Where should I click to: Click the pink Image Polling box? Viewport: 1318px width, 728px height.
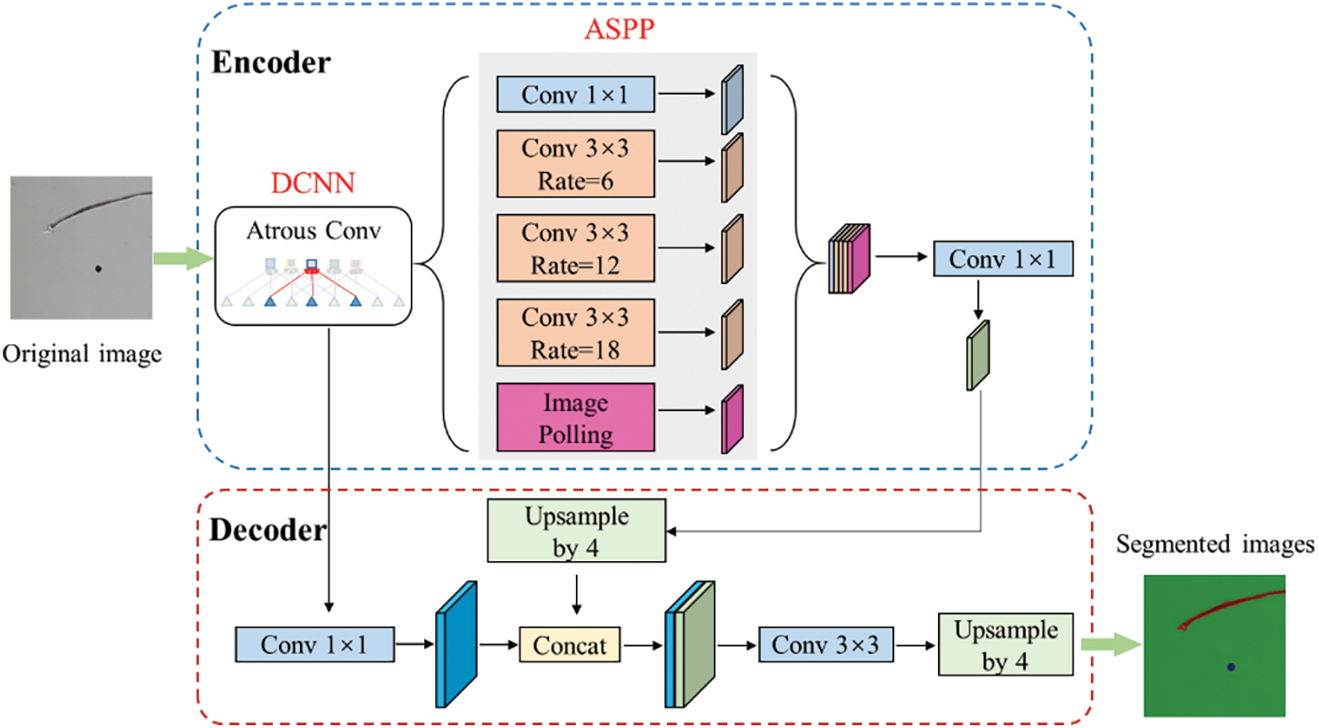tap(575, 418)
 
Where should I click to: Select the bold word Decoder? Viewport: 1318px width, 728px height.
tap(267, 531)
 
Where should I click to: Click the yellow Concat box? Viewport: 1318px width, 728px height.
tap(570, 645)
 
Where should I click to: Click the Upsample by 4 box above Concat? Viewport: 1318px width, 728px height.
tap(576, 531)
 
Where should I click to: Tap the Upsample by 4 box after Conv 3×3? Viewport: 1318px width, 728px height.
tap(1006, 645)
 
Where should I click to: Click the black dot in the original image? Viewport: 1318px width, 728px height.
tap(98, 270)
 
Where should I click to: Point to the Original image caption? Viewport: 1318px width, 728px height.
tap(83, 356)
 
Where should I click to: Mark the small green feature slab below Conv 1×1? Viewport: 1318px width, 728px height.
tap(977, 355)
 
